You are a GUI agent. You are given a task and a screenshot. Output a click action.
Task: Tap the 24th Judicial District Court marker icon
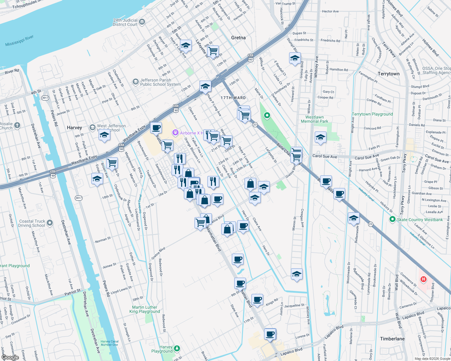(142, 22)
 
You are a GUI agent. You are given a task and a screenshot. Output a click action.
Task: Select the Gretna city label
(238, 38)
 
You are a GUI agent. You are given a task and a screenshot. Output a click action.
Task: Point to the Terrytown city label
(388, 74)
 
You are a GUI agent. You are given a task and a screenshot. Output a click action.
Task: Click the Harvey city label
(74, 128)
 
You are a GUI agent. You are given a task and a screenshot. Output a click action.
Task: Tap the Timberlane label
(392, 339)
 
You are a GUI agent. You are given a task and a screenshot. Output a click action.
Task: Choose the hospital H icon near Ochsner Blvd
(424, 279)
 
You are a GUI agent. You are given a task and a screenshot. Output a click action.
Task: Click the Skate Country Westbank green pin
(392, 219)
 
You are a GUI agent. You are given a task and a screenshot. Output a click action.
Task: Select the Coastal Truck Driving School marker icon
(50, 223)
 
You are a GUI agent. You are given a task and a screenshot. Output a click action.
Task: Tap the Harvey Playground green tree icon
(177, 348)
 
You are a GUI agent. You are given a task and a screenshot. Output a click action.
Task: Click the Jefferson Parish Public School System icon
(136, 82)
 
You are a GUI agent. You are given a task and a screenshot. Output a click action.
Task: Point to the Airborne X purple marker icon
(175, 133)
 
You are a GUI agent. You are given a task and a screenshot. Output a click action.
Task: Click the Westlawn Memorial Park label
(314, 119)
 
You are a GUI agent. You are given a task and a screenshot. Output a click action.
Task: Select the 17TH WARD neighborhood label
(233, 98)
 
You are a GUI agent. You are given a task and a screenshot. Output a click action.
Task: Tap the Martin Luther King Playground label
(145, 309)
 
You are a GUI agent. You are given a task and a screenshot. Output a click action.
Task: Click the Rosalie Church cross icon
(17, 125)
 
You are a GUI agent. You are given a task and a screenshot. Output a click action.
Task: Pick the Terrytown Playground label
(372, 114)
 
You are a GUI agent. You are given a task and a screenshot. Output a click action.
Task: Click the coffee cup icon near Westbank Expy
(156, 128)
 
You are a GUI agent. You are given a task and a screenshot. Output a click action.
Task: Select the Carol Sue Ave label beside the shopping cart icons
(325, 156)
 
